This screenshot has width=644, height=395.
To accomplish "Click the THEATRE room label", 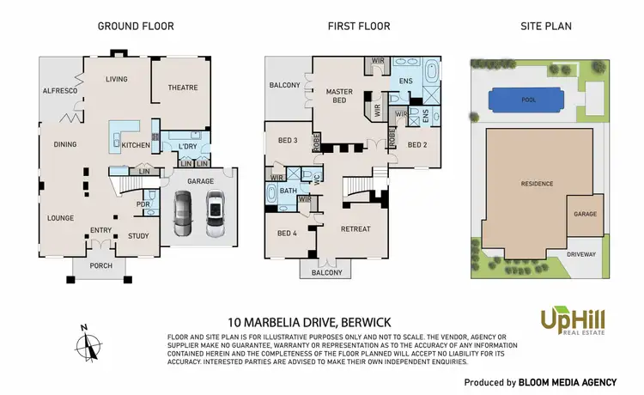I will tap(181, 88).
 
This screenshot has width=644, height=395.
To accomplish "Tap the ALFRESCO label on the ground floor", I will tap(61, 90).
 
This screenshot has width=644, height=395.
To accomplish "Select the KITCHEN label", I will tap(135, 145).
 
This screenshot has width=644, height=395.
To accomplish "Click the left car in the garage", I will tap(184, 213).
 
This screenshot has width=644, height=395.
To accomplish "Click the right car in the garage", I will tap(215, 213).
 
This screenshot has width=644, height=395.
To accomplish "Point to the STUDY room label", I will tap(138, 235).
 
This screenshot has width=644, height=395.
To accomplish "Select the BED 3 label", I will tap(287, 140).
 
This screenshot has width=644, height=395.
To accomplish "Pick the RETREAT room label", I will tap(355, 229).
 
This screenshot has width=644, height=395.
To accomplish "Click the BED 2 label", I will tap(417, 145).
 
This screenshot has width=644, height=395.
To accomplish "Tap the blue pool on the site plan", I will tap(529, 100).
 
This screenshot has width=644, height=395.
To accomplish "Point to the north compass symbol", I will tap(87, 345).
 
